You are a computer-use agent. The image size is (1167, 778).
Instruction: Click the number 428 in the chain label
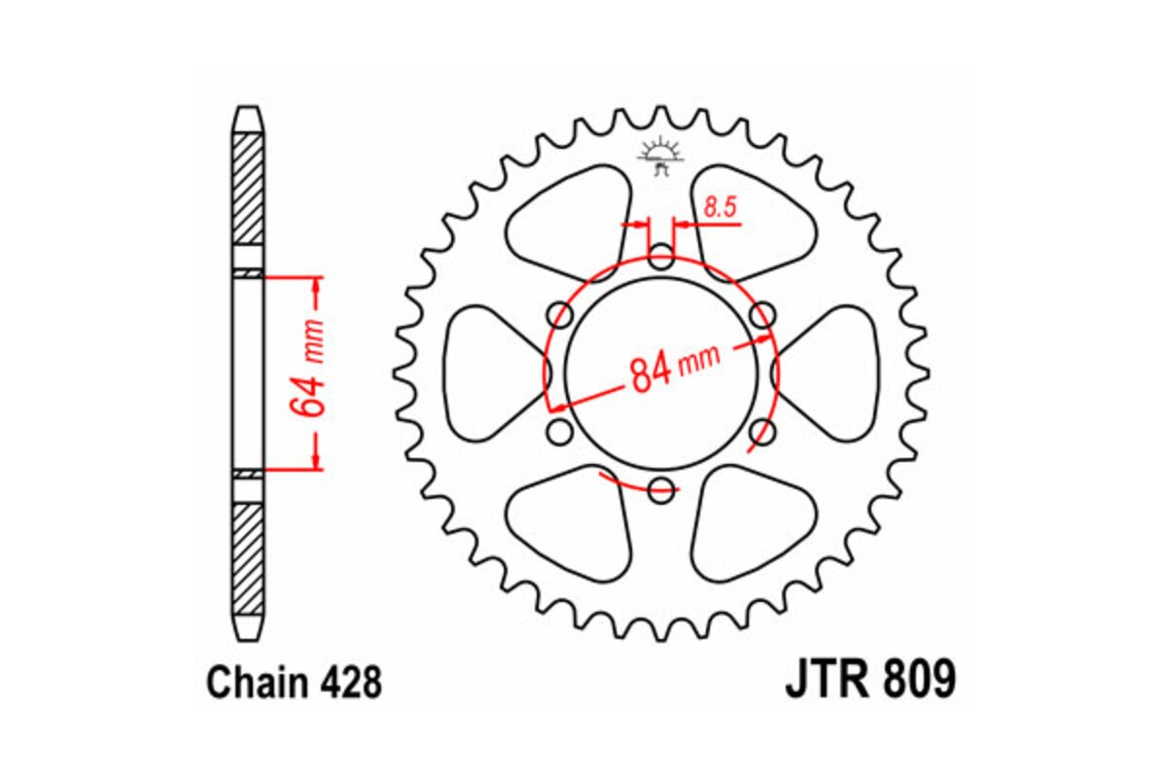click(346, 683)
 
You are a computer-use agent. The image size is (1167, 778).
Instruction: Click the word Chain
click(256, 683)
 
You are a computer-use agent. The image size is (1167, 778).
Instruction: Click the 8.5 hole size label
click(719, 205)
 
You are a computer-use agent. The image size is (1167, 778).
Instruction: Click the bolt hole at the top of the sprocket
click(661, 259)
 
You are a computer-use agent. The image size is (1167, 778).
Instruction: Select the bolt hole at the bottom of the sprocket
click(661, 488)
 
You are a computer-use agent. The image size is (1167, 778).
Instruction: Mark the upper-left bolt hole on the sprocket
click(560, 314)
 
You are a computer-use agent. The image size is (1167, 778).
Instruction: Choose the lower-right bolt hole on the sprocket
click(762, 430)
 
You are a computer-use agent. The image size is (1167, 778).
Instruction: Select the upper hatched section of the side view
click(248, 187)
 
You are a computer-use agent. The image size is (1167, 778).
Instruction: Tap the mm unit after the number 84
click(700, 359)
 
